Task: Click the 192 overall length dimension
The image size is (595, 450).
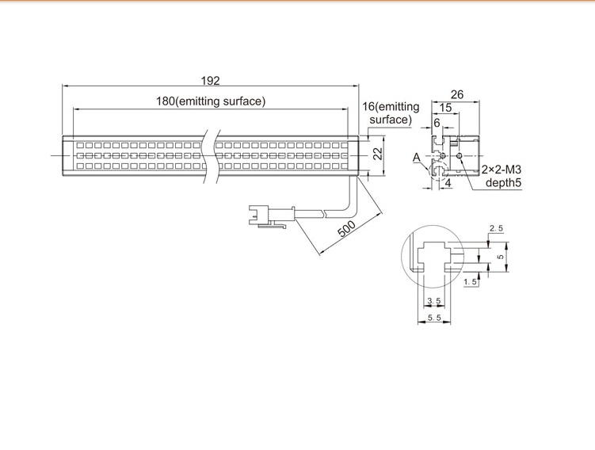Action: tap(210, 81)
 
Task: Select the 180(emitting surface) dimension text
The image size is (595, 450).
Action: tap(211, 101)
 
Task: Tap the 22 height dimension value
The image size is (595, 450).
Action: tap(378, 154)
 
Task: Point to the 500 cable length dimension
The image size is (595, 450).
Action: tap(346, 228)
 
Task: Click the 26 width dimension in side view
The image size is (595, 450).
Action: tap(457, 94)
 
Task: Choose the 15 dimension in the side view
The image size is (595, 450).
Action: tap(445, 108)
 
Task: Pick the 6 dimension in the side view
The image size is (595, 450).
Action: tap(437, 123)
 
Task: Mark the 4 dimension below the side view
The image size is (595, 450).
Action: tap(448, 183)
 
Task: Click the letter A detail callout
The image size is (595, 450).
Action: tap(417, 158)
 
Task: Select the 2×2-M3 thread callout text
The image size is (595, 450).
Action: tap(502, 170)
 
